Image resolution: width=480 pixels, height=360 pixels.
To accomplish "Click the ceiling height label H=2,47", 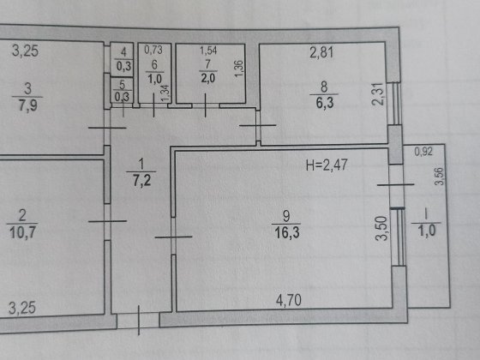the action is (327, 165).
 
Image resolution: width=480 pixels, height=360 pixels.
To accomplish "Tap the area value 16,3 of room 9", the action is (287, 232).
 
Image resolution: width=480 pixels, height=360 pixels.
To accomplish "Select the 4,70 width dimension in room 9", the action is (288, 300).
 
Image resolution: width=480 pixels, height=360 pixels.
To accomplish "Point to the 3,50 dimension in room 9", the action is (381, 228).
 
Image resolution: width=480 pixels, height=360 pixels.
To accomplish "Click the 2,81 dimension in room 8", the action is (321, 52).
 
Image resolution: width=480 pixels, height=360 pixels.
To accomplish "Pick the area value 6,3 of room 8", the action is (325, 103).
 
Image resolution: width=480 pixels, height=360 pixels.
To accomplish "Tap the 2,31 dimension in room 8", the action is (377, 94).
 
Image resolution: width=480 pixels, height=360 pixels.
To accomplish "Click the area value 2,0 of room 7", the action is (208, 78).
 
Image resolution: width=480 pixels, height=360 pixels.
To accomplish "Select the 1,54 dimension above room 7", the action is (208, 51).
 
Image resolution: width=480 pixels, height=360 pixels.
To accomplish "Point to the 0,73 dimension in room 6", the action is (153, 50).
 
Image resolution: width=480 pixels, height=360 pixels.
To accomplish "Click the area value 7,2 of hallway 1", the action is (141, 180).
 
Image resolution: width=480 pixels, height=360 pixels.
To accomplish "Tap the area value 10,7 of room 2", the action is (22, 232).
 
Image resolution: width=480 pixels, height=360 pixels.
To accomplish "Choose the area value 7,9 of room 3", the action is (27, 105).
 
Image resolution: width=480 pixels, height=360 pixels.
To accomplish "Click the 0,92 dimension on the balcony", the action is (423, 152).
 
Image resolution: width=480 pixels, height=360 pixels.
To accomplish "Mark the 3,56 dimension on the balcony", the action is (439, 177).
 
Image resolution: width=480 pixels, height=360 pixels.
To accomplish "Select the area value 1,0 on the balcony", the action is (427, 231).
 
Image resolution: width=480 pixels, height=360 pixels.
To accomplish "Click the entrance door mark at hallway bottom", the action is (139, 320).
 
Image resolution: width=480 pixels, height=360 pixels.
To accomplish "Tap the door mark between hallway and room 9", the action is (173, 237).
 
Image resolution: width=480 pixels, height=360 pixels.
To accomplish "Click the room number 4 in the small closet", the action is (123, 52).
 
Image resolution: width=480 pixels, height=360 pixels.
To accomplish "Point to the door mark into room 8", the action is (258, 125).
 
